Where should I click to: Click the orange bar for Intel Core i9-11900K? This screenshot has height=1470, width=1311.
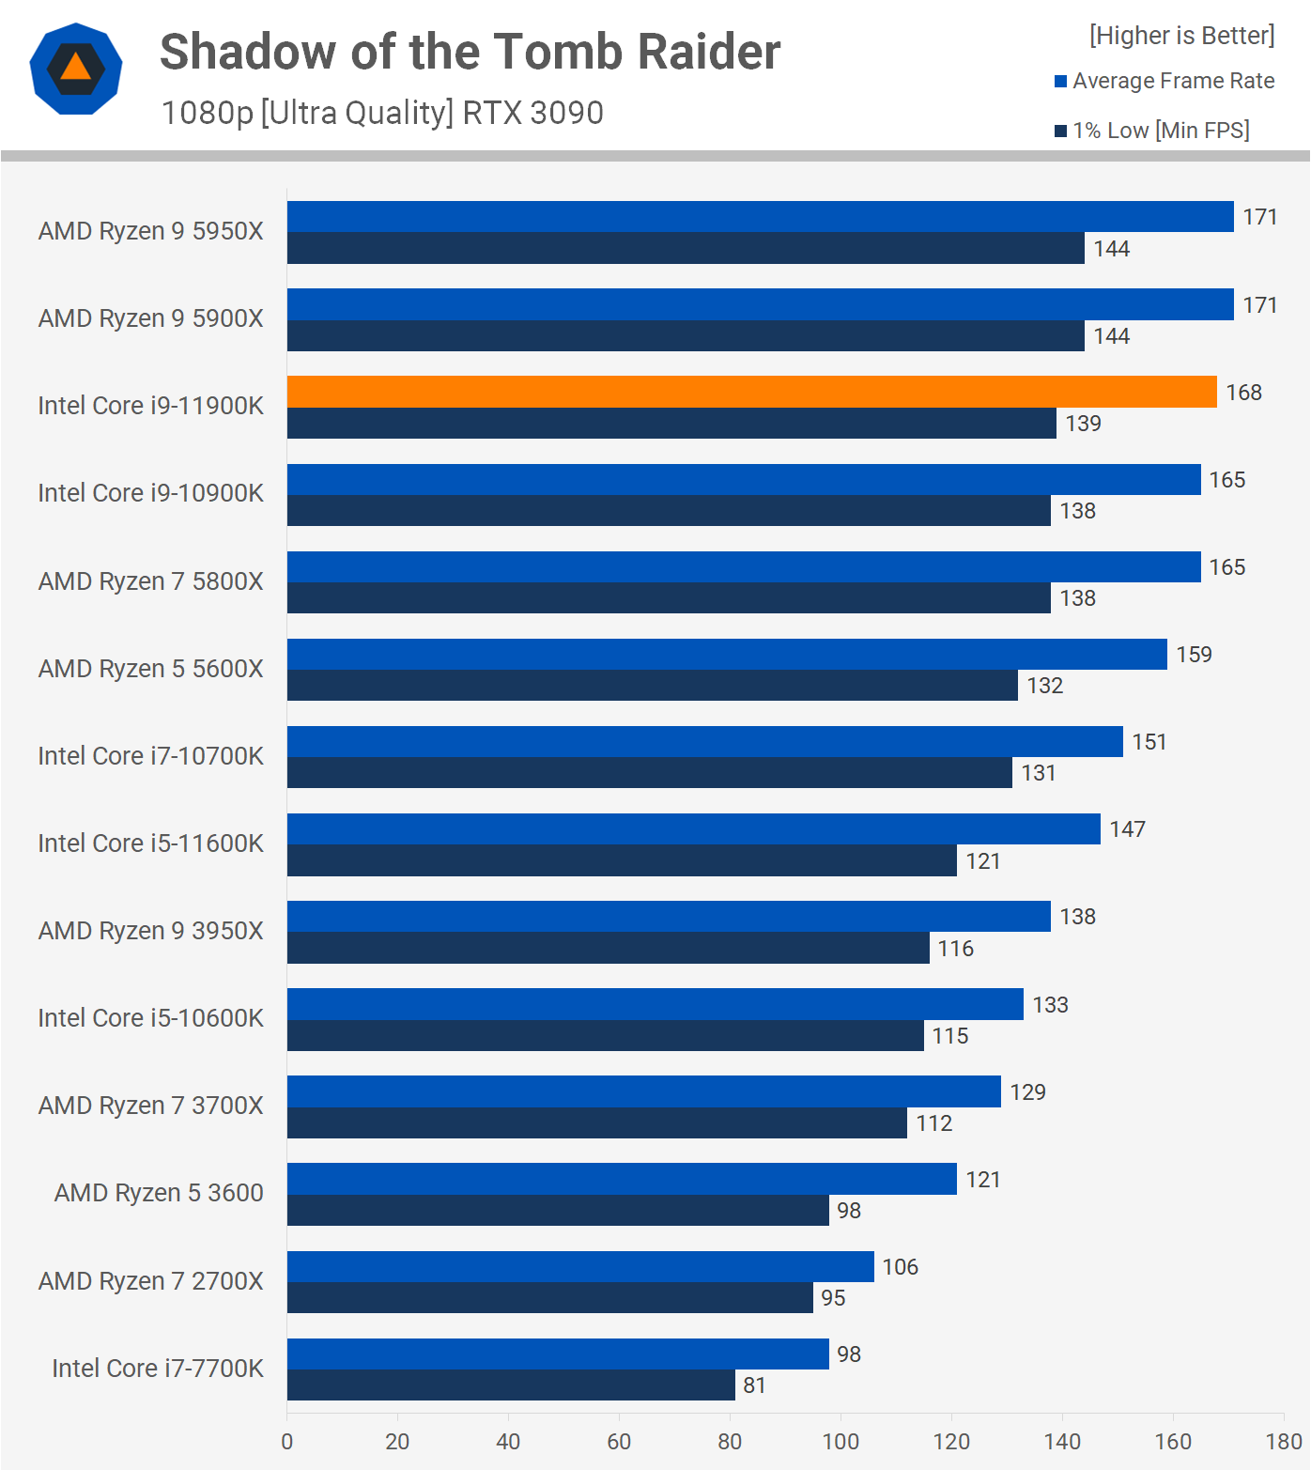(x=751, y=392)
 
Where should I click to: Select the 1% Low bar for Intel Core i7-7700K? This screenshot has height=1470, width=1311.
(x=511, y=1385)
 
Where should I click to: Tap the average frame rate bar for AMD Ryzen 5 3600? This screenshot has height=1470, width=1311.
(x=622, y=1179)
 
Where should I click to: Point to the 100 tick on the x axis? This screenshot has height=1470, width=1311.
(x=841, y=1442)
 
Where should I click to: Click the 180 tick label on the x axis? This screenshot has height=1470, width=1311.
(x=1284, y=1442)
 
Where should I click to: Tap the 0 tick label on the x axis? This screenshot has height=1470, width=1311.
(x=287, y=1442)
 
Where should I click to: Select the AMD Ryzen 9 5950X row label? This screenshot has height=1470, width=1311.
(x=151, y=231)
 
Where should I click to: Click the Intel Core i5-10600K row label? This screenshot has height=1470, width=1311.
(x=151, y=1018)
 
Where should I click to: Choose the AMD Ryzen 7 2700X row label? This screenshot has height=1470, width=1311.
(x=151, y=1281)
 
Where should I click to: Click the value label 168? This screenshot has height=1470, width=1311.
(x=1243, y=393)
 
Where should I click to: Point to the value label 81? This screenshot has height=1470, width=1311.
(x=754, y=1385)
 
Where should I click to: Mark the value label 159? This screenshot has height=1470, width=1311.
(x=1194, y=655)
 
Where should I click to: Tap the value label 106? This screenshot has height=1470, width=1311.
(x=900, y=1267)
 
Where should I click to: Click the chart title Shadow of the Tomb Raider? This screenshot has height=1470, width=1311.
(x=470, y=52)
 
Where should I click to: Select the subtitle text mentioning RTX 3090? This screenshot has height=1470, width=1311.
(x=382, y=113)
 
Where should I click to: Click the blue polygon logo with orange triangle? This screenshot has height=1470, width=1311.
(x=76, y=69)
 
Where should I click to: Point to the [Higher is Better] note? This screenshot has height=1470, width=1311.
(x=1181, y=36)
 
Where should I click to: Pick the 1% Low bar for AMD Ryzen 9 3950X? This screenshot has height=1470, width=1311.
(x=608, y=948)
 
